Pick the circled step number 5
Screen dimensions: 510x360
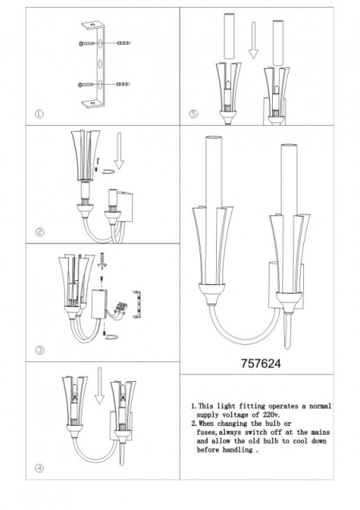(193, 113)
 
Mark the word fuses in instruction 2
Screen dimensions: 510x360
(210, 433)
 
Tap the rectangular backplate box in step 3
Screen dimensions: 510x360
(102, 303)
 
